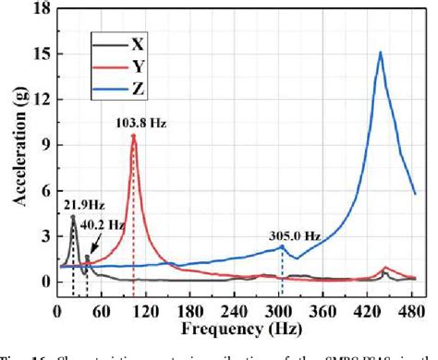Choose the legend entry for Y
[x=138, y=66]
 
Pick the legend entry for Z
[x=138, y=90]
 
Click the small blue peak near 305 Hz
[x=282, y=246]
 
